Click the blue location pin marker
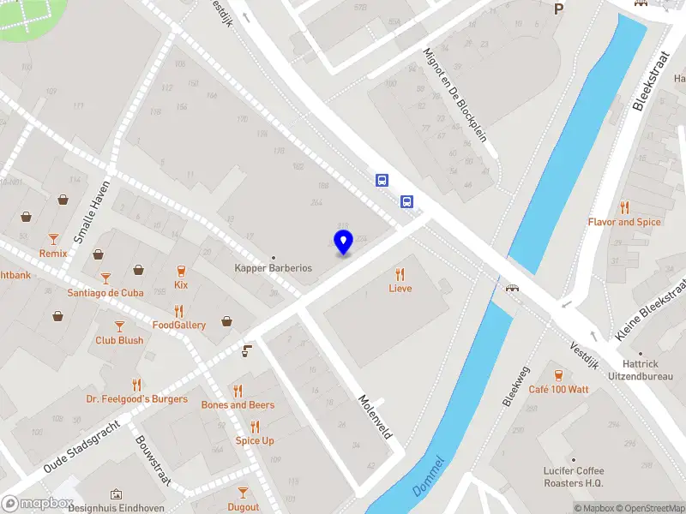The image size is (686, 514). coord(344,243)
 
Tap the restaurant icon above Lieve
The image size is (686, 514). coord(400,274)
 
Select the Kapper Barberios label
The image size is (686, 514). coord(274,268)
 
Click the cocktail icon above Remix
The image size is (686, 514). coord(53,239)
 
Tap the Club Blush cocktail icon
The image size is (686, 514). coord(119,326)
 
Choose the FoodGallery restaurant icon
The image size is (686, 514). coord(179,311)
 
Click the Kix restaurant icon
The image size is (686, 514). coord(181,271)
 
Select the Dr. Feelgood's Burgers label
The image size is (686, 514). coord(136,398)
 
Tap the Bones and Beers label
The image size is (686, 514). coord(238,404)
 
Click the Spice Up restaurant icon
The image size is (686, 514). coord(255,427)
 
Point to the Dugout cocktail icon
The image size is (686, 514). coord(244,493)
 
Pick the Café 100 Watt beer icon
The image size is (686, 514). coord(558,375)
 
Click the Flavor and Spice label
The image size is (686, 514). coord(624,222)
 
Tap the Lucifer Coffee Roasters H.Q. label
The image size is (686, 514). coord(574,476)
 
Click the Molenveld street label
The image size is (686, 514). coord(375,416)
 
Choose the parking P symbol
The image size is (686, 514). coord(559,9)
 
